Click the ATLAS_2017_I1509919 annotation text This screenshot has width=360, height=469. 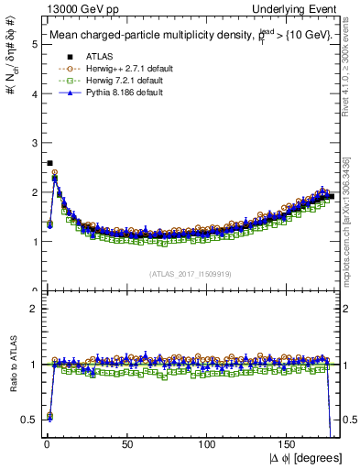click(x=190, y=273)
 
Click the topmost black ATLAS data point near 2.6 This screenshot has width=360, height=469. click(x=49, y=163)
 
